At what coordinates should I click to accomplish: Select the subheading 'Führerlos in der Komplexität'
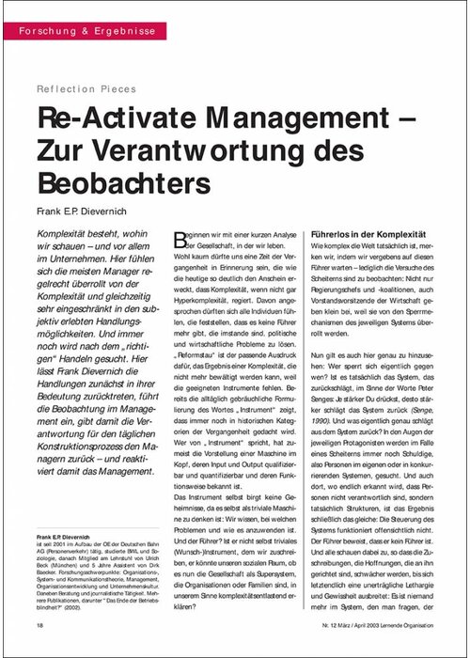[368, 231]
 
